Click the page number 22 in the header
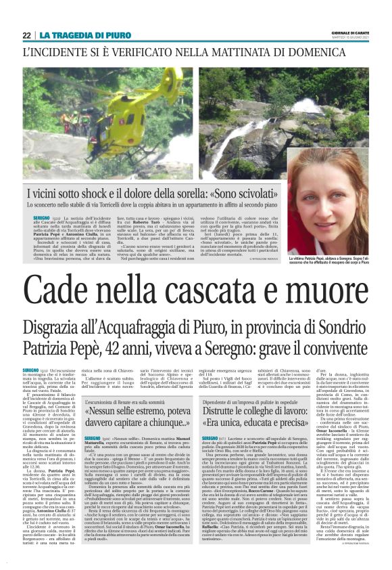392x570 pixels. [x=26, y=35]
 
